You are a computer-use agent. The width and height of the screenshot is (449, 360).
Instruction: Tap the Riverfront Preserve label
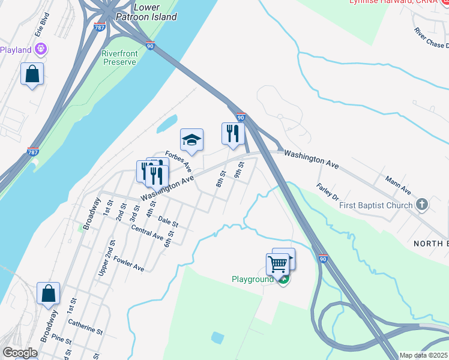[x=119, y=58]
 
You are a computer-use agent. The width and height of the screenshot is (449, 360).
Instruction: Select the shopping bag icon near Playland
[x=32, y=75]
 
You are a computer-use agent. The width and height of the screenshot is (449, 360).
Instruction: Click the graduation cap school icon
[x=191, y=141]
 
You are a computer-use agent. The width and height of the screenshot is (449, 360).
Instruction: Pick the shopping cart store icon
[x=277, y=264]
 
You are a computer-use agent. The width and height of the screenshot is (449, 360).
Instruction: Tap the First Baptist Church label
[x=376, y=205]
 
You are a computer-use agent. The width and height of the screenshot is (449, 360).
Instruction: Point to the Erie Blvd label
[x=41, y=23]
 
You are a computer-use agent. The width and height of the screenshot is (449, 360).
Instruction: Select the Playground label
[x=253, y=280]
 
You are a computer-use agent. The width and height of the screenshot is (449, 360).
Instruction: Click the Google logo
[x=20, y=353]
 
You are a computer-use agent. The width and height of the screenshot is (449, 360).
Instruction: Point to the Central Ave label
[x=147, y=233]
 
